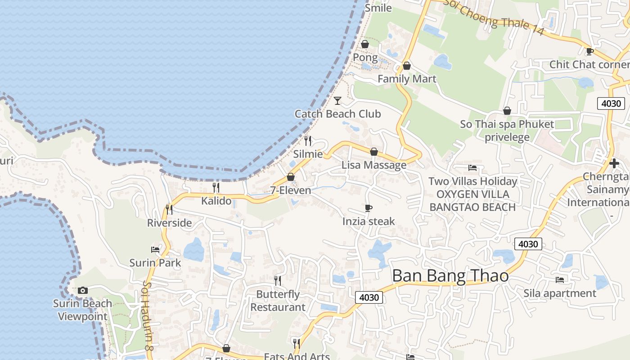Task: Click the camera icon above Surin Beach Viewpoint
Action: coord(82,290)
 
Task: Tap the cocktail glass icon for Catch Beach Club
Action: coord(337,100)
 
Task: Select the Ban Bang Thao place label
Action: coord(450,276)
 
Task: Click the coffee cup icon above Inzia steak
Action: coord(369,208)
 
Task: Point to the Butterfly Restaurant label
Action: coord(278,301)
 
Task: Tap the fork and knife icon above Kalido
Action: coord(216,187)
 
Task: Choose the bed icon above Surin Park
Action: coord(155,249)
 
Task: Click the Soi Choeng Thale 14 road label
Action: coord(494,17)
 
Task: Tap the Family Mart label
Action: coord(407,79)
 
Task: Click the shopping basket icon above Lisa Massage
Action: coord(373,152)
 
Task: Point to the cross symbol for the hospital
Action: coord(614,163)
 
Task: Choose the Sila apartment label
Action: coord(559,293)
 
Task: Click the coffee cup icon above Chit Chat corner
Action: coord(589,51)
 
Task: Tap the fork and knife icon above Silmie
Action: coord(308,140)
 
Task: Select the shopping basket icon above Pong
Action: coord(365,44)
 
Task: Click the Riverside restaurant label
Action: coord(169,223)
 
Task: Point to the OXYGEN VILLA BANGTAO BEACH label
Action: coord(472,201)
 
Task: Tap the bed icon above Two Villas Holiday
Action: coord(472,168)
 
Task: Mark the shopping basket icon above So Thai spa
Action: coord(507,111)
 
